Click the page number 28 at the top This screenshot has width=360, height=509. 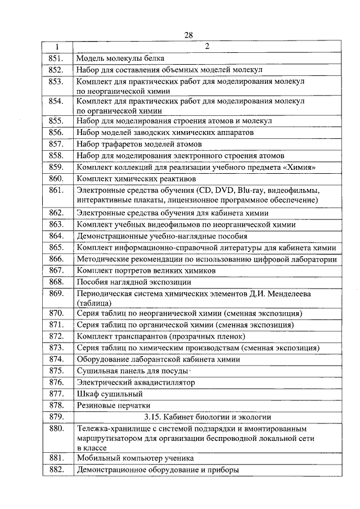click(x=188, y=35)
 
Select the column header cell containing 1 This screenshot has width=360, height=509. click(x=57, y=47)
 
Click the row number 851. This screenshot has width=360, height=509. click(x=57, y=58)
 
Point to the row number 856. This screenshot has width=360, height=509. click(x=57, y=132)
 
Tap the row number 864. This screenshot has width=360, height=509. click(x=57, y=236)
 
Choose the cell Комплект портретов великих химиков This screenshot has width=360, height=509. click(x=146, y=271)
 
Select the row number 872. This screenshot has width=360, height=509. click(x=57, y=336)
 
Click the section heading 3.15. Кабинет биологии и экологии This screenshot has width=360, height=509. click(x=208, y=417)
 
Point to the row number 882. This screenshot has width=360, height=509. click(x=57, y=470)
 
